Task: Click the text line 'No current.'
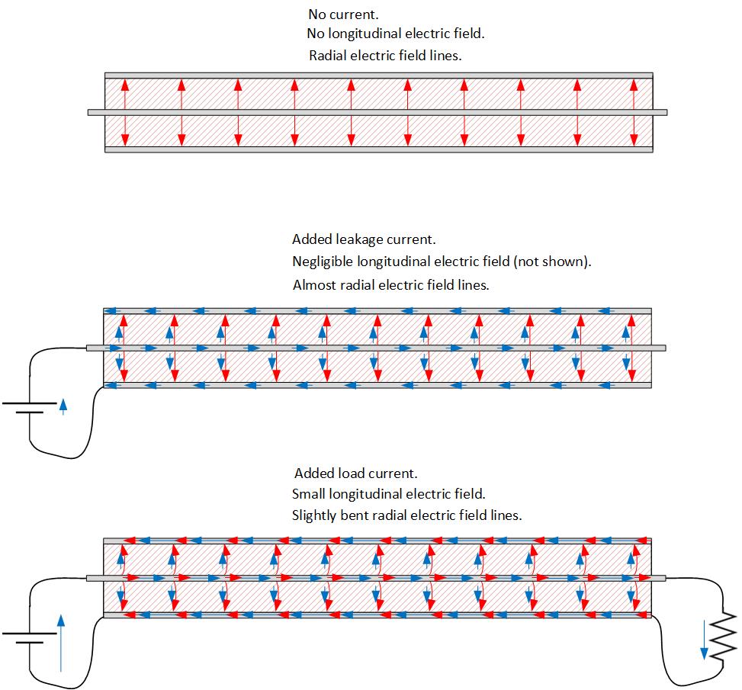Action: point(343,14)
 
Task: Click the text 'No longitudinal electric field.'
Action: point(395,34)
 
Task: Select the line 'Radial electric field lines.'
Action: point(385,56)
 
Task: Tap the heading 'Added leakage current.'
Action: point(364,239)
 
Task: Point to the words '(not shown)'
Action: point(552,262)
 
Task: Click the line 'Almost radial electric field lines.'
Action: point(390,285)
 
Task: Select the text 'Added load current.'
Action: point(355,473)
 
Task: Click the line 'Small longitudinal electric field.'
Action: point(388,494)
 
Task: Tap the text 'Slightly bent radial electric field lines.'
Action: point(406,515)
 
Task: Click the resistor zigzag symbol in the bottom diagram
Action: point(721,632)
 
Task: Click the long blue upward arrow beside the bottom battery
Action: point(61,644)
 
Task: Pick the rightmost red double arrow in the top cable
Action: point(634,112)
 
